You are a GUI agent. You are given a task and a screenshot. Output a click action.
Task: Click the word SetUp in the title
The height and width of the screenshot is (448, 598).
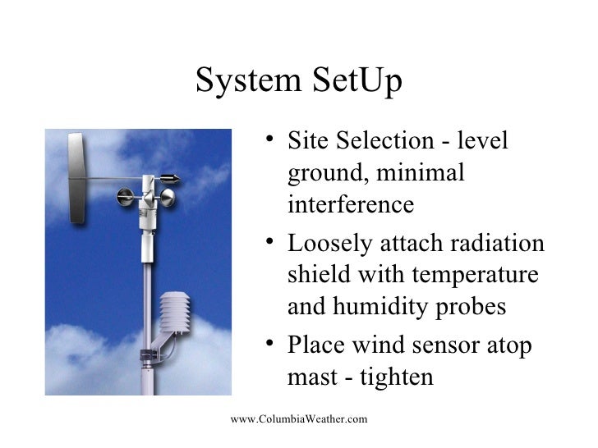(356, 82)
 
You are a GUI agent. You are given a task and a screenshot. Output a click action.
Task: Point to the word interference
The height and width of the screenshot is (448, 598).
(351, 203)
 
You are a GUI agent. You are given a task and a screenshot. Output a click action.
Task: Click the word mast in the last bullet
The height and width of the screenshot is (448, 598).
(312, 377)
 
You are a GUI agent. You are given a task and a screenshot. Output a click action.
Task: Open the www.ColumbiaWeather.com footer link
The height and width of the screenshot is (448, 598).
(299, 420)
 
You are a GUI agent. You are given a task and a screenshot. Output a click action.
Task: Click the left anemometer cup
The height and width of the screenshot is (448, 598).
(126, 196)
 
